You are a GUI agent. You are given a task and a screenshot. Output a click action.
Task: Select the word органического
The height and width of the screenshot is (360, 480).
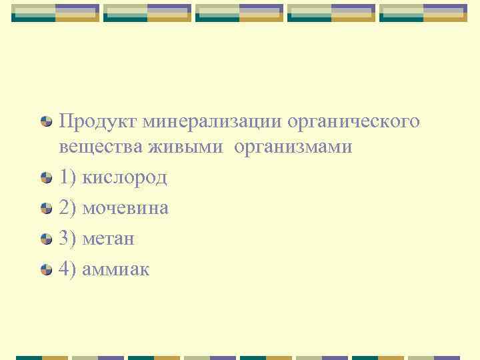tap(353, 123)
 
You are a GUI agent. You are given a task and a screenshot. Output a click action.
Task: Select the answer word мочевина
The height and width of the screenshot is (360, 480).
tap(125, 208)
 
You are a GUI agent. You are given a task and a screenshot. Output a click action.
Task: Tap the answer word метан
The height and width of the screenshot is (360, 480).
tap(108, 238)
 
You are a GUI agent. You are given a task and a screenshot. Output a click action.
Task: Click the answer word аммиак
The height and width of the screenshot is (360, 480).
tap(116, 269)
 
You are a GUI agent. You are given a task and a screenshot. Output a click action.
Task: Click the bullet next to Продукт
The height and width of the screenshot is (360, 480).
tap(47, 122)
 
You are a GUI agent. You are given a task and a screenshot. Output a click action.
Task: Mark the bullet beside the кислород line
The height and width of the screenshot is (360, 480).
tap(47, 177)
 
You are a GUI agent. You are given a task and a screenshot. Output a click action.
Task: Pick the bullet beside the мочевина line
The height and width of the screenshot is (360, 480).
tap(47, 208)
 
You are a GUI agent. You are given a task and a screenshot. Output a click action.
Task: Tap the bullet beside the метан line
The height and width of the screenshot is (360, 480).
tap(47, 239)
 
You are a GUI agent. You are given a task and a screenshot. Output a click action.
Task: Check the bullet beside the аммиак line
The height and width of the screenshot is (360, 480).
tap(47, 269)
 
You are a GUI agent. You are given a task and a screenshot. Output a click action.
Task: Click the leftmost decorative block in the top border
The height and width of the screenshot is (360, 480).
tap(55, 13)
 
